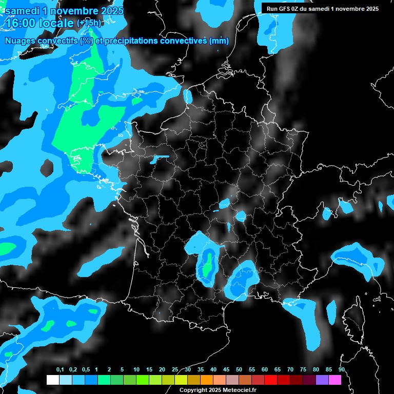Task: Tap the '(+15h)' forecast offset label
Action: [89, 23]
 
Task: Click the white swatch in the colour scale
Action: [52, 380]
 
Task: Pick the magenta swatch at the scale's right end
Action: [335, 380]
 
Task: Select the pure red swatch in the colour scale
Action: [271, 380]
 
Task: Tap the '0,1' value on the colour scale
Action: [60, 370]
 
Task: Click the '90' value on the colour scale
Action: [342, 370]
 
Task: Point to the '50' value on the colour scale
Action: [239, 370]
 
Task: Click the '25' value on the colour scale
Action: [175, 370]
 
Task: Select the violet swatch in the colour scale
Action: [322, 380]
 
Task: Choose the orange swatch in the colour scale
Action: [207, 380]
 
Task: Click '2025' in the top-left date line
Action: [109, 10]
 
